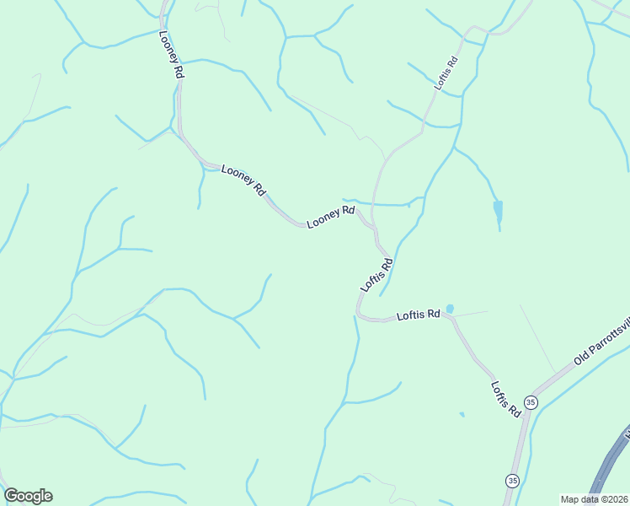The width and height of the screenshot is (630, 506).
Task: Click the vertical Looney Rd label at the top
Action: (x=171, y=56)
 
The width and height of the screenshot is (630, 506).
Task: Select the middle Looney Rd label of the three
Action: (x=243, y=180)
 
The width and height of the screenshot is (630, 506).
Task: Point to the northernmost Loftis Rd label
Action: (x=446, y=73)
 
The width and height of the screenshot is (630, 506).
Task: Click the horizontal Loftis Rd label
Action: (x=419, y=315)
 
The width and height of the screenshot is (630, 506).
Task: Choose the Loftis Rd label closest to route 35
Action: (x=505, y=398)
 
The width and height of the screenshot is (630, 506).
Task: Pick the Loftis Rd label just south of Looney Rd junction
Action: (x=377, y=275)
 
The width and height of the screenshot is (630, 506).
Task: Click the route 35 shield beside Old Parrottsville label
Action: (x=531, y=402)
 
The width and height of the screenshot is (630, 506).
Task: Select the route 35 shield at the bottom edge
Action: (x=512, y=480)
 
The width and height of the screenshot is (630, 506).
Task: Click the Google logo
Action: (x=28, y=496)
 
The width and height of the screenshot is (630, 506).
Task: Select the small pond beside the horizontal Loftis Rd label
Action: (x=450, y=310)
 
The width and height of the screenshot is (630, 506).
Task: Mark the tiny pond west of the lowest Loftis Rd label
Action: (x=462, y=414)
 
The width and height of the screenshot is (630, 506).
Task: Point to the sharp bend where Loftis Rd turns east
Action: (x=360, y=315)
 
